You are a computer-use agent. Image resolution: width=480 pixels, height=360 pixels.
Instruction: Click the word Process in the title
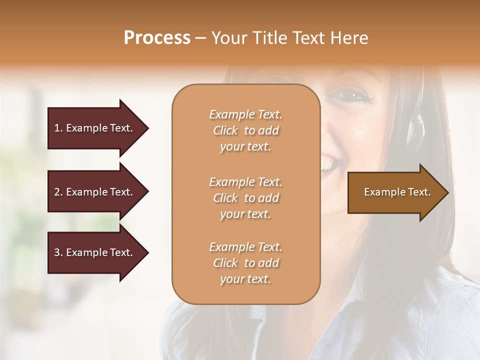pyautogui.click(x=157, y=38)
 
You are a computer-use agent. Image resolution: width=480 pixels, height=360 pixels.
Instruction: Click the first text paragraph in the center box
pyautogui.click(x=245, y=130)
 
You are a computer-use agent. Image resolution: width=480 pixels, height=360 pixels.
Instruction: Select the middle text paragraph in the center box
pyautogui.click(x=245, y=198)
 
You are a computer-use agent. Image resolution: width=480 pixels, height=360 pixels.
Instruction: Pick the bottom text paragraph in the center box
pyautogui.click(x=245, y=263)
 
